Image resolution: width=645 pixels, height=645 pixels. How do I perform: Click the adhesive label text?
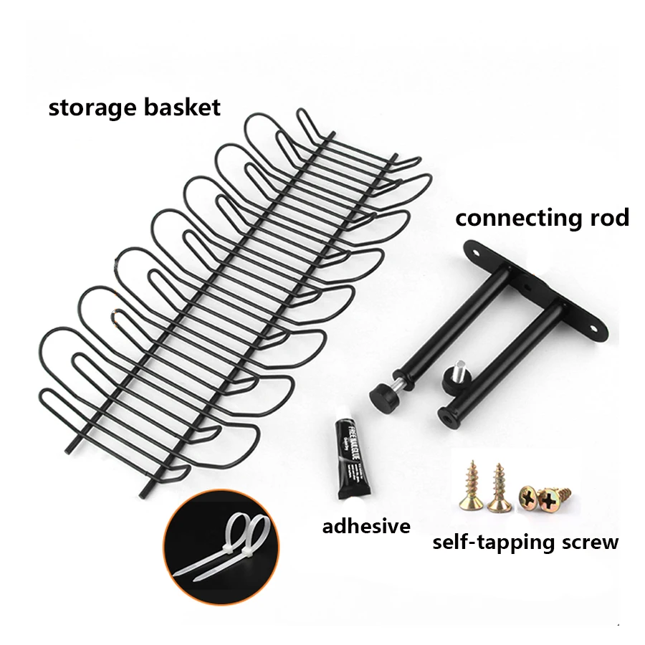(x=366, y=527)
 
